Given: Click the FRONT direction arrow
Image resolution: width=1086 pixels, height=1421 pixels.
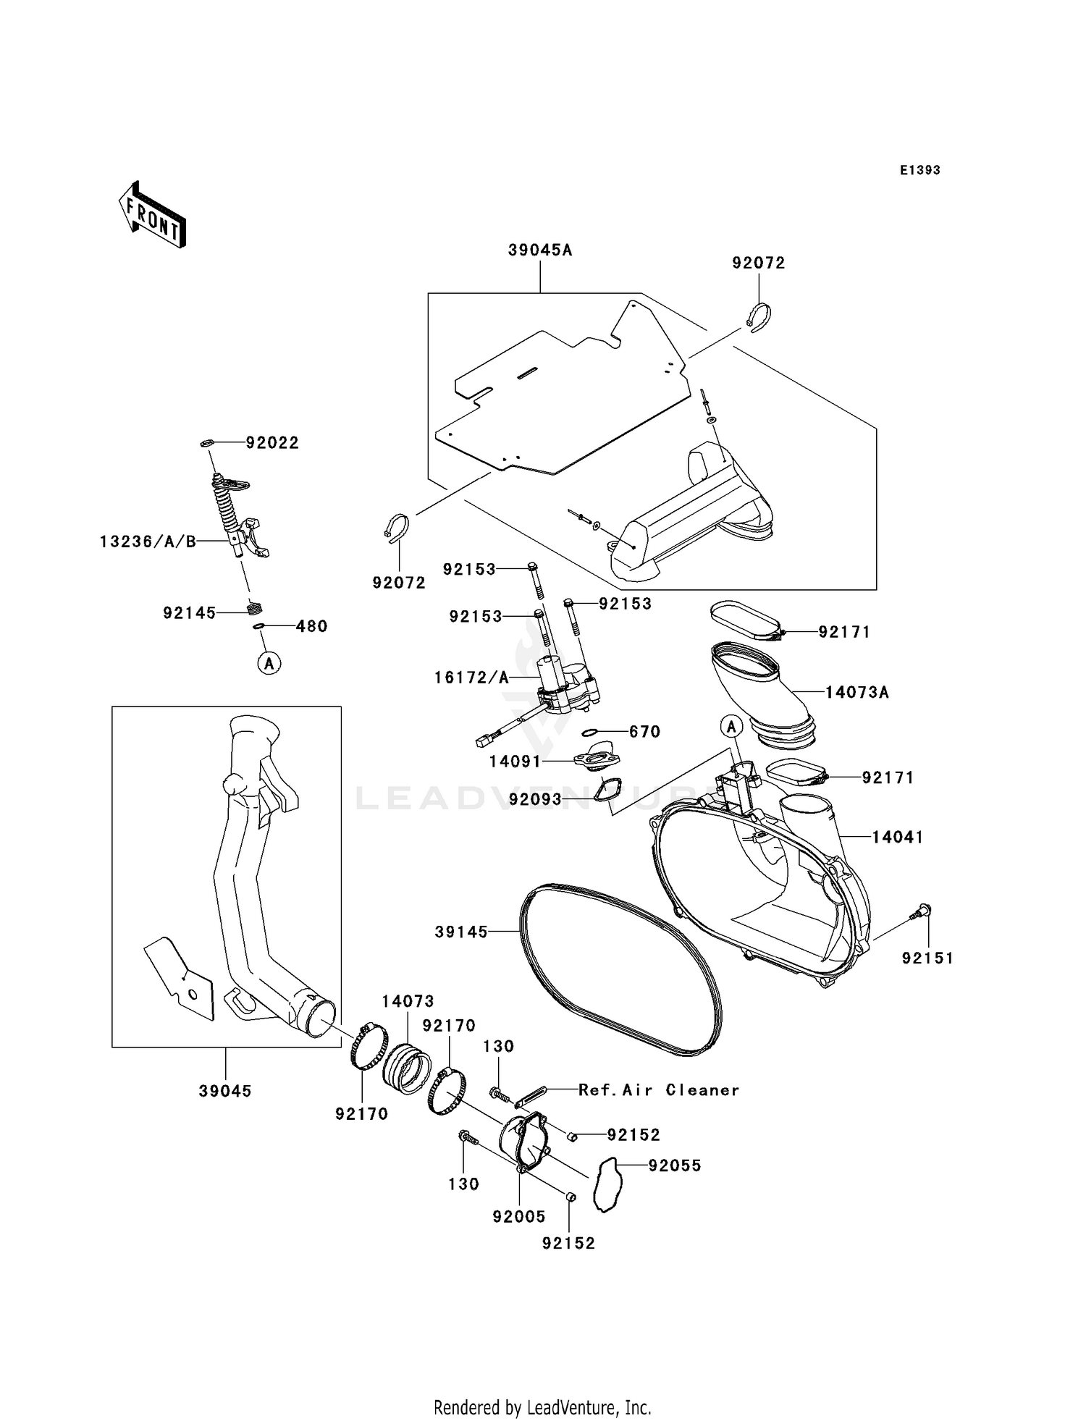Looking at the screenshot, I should (x=152, y=215).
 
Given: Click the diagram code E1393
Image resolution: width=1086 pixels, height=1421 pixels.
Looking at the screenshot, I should (x=919, y=170).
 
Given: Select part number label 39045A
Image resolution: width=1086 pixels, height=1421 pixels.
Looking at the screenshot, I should (x=540, y=250).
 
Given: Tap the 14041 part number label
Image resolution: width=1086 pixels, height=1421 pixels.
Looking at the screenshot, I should (x=897, y=838).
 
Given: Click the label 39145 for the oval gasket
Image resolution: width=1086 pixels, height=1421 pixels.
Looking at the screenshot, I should (x=461, y=932).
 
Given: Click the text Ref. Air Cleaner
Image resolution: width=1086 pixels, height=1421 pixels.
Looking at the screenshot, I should (x=658, y=1090).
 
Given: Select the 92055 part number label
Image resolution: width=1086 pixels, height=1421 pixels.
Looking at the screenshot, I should (x=675, y=1166).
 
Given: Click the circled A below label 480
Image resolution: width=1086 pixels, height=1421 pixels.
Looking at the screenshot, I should (x=269, y=662).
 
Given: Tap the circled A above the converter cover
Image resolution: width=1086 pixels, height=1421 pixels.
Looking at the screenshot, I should (x=731, y=726).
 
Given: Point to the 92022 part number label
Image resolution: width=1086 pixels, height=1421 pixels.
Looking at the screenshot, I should (x=272, y=443).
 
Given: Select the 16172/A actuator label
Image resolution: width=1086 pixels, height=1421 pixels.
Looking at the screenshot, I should (x=471, y=678).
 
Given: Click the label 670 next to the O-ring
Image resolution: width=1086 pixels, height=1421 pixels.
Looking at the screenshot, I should (x=644, y=732).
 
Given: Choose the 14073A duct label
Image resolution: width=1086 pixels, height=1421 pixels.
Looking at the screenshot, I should (x=857, y=693).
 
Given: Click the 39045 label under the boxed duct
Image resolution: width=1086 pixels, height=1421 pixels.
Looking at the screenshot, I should (x=225, y=1091).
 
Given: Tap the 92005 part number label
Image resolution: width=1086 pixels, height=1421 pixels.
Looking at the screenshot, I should (x=519, y=1217).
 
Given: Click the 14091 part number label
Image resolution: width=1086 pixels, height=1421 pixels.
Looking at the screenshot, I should (x=515, y=762).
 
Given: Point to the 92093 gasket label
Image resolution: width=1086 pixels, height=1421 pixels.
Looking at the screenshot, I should (x=535, y=800).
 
